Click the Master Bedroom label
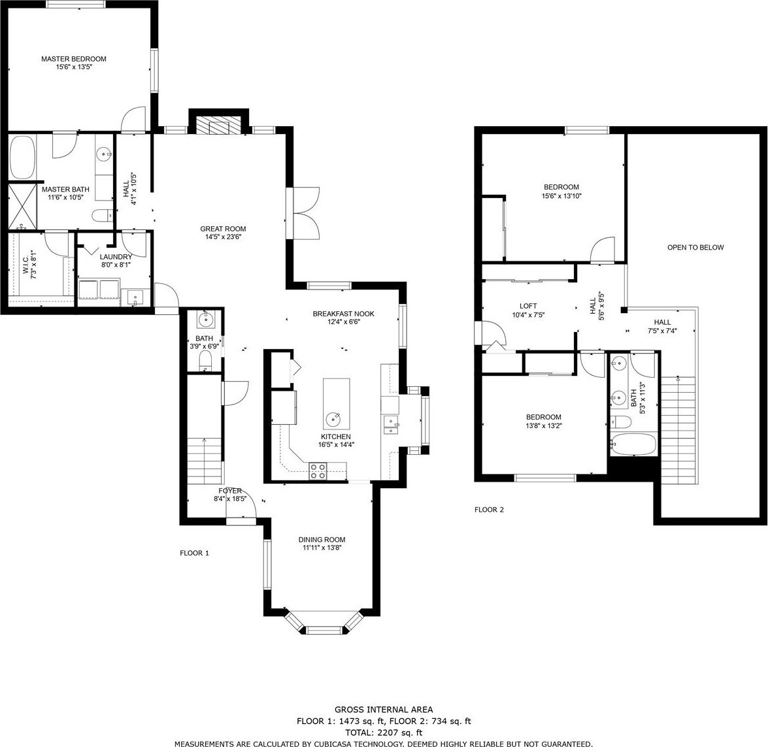click(x=73, y=59)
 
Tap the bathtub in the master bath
click(x=22, y=158)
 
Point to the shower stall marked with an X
click(x=22, y=205)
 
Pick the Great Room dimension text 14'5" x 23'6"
click(x=223, y=237)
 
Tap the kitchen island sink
click(x=335, y=420)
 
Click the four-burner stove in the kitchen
click(x=318, y=471)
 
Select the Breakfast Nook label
click(x=343, y=314)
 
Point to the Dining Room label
click(x=322, y=540)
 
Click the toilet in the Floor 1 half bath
click(x=205, y=363)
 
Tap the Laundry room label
click(x=116, y=257)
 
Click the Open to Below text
click(x=695, y=248)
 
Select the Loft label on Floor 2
click(x=528, y=306)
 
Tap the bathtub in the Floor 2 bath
click(x=633, y=444)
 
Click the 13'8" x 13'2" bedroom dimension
click(x=544, y=425)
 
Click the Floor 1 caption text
click(x=194, y=553)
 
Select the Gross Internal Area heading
click(x=384, y=709)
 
